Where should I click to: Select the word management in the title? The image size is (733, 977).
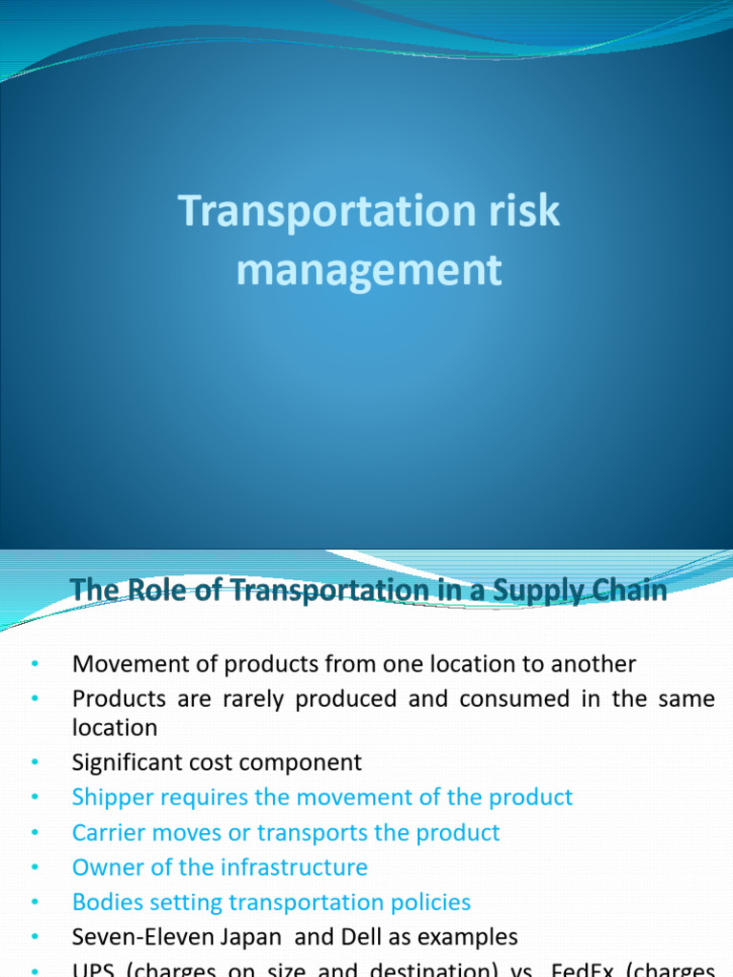[368, 269]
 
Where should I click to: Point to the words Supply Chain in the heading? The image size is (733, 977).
[582, 591]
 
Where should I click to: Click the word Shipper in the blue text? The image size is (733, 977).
[109, 798]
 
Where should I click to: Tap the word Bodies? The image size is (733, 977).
[106, 902]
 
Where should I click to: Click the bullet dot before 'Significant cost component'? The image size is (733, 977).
[34, 762]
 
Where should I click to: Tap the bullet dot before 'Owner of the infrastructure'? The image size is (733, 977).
[34, 867]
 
